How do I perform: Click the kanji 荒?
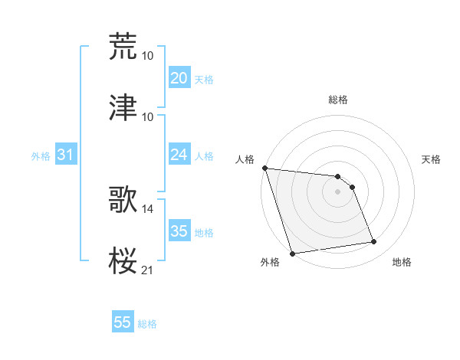point(123,46)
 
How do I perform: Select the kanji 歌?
point(123,198)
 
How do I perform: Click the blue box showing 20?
point(179,78)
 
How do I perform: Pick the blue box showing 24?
point(179,155)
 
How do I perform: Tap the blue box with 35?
point(179,231)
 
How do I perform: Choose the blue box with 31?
point(65,155)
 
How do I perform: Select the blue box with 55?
point(123,322)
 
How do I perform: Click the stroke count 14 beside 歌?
point(148,208)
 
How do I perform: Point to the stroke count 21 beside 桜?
point(148,270)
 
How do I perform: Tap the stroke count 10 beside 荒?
point(148,55)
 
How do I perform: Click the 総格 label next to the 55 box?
point(147,324)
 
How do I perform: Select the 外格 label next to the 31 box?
point(41,155)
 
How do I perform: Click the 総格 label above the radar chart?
point(338,100)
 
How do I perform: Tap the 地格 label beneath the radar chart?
point(402,263)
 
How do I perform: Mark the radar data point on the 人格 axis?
point(264,168)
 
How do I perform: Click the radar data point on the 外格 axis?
point(292,253)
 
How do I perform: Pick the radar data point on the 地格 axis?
point(374,242)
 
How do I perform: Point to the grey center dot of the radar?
point(337,191)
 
